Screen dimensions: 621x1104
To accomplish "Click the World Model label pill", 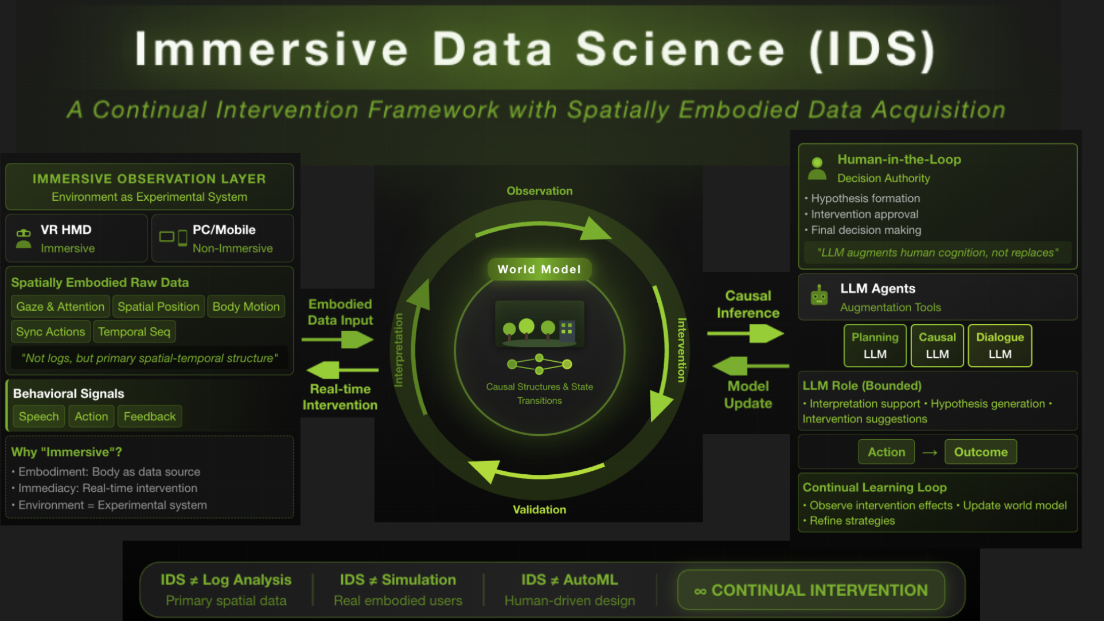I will (539, 269).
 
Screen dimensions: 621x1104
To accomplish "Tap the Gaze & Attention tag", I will (60, 307).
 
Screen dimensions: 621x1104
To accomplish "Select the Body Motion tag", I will (246, 307).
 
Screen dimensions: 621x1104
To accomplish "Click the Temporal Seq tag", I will (134, 332).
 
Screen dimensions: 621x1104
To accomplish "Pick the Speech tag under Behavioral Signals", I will (38, 417).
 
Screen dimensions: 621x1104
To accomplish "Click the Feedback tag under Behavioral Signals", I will (150, 417).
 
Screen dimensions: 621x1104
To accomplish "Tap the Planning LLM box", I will (875, 346).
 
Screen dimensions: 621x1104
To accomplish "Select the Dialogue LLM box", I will (1000, 346).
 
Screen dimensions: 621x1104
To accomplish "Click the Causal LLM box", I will (937, 346).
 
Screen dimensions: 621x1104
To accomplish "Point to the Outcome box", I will (980, 452).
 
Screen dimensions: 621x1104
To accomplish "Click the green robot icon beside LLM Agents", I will (819, 296).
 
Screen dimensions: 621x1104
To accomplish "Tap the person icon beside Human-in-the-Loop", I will (817, 169).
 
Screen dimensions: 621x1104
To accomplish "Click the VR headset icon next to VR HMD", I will (24, 238).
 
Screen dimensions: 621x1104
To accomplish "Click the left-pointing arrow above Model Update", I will (749, 366).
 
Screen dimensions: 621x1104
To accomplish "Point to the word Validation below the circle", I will (539, 510).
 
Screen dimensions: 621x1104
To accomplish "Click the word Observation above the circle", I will (539, 191).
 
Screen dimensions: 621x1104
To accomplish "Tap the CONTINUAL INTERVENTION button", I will (810, 590).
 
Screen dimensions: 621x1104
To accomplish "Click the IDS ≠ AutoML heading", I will (569, 580).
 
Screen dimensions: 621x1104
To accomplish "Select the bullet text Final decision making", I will (866, 230).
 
